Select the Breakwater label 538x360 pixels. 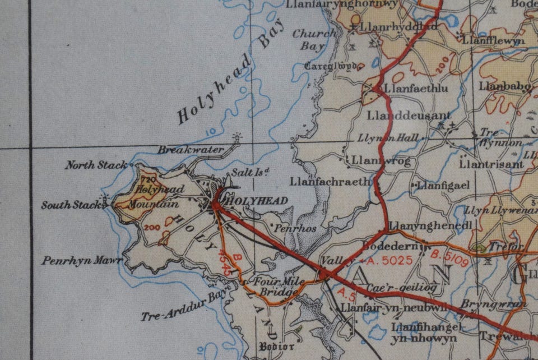190,150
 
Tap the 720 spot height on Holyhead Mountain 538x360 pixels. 149,179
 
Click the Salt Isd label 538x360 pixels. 251,172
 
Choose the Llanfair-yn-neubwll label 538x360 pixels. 395,307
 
